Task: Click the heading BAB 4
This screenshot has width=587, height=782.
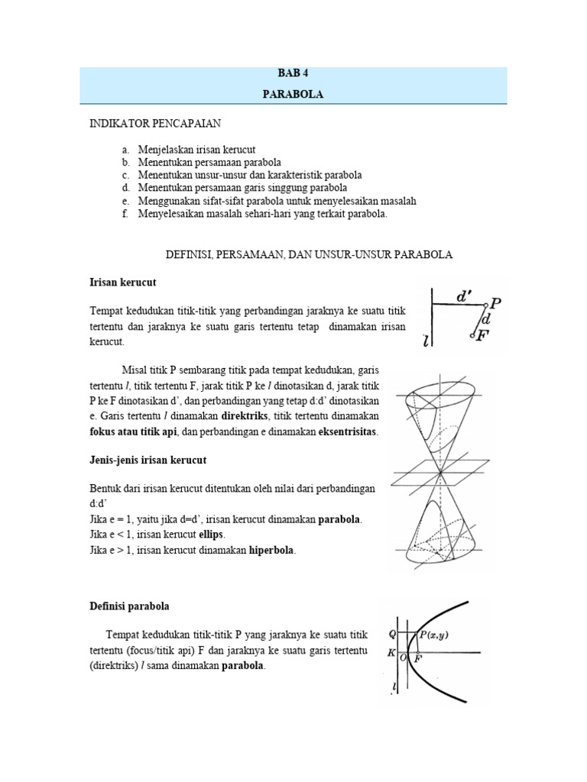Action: pos(294,74)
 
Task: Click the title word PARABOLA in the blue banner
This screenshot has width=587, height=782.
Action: pos(294,95)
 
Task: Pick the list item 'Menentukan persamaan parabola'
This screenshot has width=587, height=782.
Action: pos(209,162)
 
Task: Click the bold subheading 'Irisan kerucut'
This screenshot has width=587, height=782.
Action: pos(122,283)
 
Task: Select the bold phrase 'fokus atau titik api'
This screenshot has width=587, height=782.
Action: pos(133,432)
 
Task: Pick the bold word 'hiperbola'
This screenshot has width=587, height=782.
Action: pos(271,550)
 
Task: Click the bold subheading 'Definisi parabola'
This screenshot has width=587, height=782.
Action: pos(129,606)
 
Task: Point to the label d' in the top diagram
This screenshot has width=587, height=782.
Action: pos(464,293)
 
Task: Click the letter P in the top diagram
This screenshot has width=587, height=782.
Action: pos(495,304)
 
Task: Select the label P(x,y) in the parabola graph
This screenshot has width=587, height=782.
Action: pos(434,634)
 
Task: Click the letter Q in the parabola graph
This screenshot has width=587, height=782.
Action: pos(392,634)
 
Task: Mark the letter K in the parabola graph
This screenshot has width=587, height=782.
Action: pos(391,653)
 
